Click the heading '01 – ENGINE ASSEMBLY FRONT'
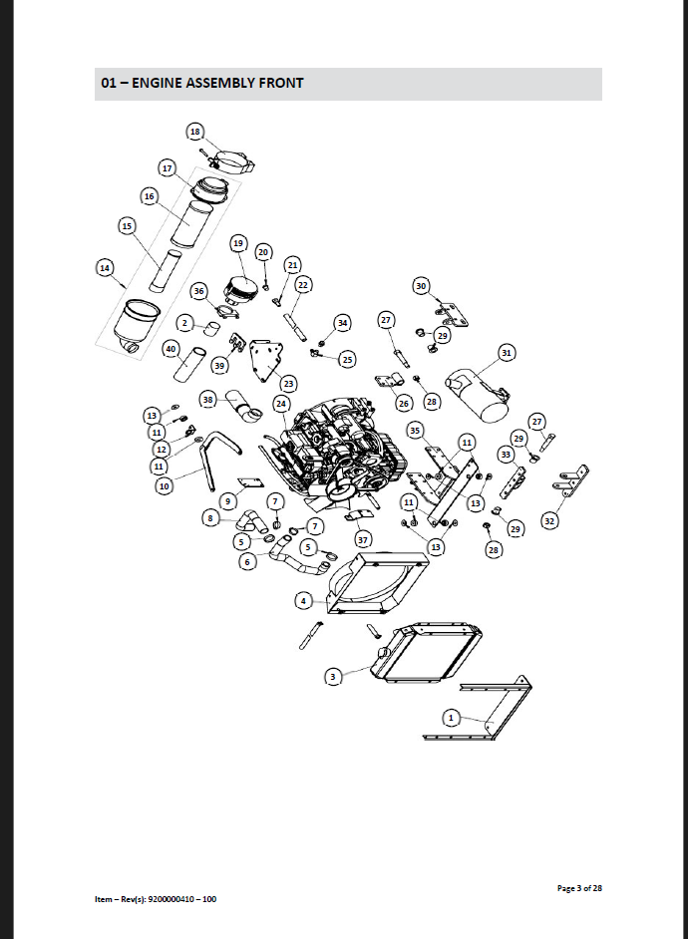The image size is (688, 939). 202,84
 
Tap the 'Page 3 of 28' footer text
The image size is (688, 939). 578,887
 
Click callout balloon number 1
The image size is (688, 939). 451,717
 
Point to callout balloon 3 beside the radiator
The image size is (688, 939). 333,676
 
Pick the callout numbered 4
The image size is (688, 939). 304,600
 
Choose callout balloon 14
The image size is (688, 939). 105,267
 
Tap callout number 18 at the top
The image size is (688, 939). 195,132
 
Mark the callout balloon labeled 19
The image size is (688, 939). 238,242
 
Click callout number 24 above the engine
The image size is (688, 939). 281,404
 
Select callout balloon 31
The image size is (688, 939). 507,353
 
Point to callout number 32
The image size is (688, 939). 549,520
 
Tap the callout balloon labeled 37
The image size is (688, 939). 363,539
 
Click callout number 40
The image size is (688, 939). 171,349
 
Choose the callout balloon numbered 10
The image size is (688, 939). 164,486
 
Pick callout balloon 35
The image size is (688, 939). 416,430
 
